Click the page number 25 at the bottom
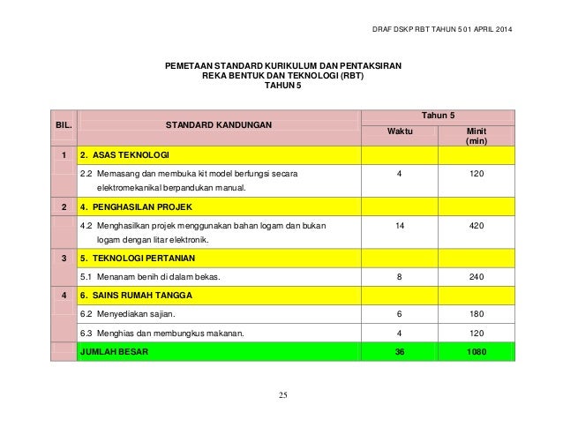tap(281, 394)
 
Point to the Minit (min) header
tap(476, 136)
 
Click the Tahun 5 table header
tap(438, 115)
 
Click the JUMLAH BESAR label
tap(115, 351)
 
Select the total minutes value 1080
tap(476, 351)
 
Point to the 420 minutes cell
tap(476, 227)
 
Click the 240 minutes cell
tap(476, 277)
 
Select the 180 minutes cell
tap(476, 314)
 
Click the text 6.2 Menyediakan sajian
tap(128, 314)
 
